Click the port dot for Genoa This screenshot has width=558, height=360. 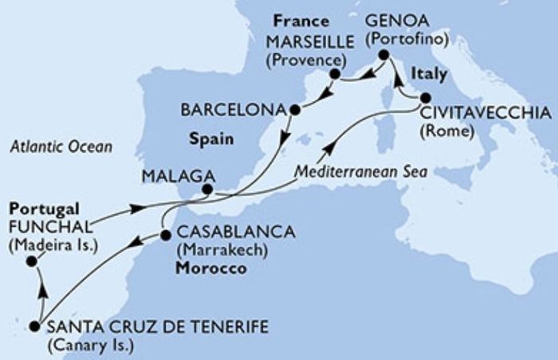pos(383,55)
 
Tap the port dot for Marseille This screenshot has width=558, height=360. pos(335,75)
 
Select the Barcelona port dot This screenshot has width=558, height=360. pos(294,109)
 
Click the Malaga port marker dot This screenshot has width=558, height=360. pos(206,190)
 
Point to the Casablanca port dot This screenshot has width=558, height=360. pos(165,236)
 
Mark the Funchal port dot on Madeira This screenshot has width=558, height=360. pos(30,261)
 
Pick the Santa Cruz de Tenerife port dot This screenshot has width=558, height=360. pos(34,326)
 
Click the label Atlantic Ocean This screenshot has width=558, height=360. pos(61,147)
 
